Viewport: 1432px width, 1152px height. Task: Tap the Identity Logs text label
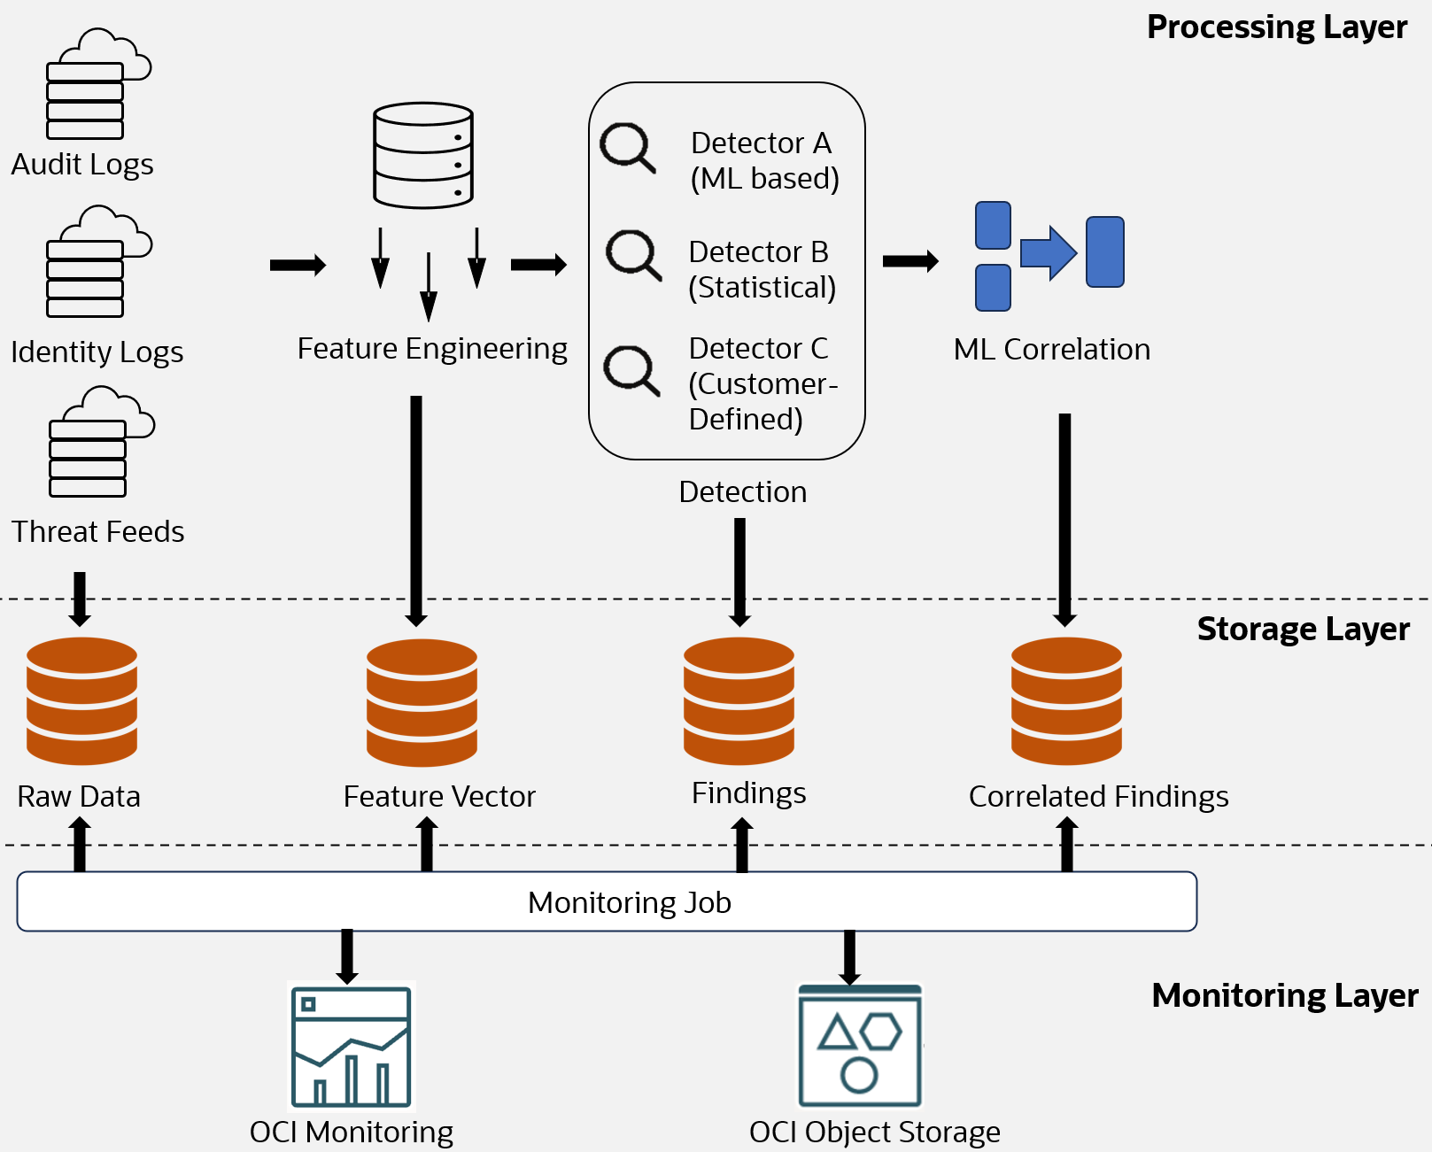pos(97,352)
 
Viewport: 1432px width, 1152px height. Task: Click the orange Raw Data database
pos(81,700)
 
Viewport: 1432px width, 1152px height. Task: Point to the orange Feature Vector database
pos(422,702)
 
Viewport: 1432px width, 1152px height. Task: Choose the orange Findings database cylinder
pos(739,700)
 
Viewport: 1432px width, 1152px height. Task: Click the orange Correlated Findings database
pos(1066,700)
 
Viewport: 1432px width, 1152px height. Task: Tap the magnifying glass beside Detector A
pos(627,148)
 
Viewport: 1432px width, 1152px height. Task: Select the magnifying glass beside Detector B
pos(632,255)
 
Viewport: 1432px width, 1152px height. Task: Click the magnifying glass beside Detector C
pos(631,370)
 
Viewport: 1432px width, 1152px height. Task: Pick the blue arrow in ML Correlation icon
pos(1049,253)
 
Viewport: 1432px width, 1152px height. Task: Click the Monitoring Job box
pos(607,901)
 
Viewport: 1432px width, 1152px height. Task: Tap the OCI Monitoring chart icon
pos(352,1047)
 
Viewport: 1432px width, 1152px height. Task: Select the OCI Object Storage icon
pos(860,1047)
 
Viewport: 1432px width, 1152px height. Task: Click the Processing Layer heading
pos(1276,27)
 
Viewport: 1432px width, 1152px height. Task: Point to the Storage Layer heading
pos(1302,629)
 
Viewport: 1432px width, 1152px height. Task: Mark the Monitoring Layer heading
pos(1284,995)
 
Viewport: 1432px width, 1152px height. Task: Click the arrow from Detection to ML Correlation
pos(910,261)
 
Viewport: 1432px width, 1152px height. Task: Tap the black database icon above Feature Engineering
pos(423,156)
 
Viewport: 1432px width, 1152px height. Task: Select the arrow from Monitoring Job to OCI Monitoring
pos(347,956)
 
